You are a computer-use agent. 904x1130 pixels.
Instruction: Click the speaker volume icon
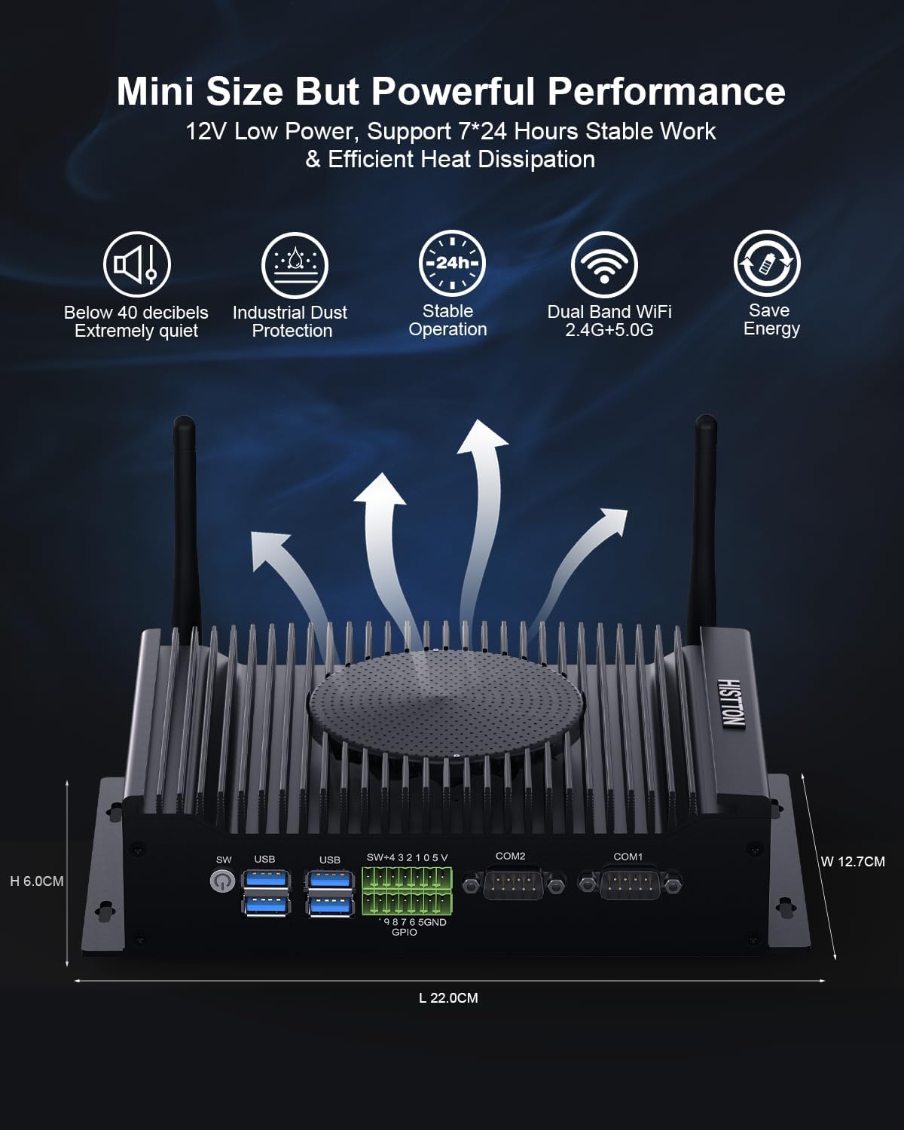136,264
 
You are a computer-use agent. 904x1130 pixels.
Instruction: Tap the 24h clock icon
452,263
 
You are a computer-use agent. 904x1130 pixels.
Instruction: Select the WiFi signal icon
604,264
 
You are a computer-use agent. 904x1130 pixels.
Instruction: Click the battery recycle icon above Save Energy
767,263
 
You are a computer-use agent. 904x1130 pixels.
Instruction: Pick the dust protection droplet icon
295,265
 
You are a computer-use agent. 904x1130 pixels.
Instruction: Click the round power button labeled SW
222,881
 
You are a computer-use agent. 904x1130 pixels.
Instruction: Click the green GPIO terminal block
407,891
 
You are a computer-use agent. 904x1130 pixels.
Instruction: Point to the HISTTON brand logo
731,704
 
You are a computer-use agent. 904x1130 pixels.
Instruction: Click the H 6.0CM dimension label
37,881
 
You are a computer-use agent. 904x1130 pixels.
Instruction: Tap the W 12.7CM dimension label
853,862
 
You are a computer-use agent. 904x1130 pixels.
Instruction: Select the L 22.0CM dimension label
448,998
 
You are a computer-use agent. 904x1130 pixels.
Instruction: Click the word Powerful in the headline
453,91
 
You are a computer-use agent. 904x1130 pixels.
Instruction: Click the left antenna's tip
185,419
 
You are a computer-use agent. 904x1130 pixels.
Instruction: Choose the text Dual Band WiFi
609,312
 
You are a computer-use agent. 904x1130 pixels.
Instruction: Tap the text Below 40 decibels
136,313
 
